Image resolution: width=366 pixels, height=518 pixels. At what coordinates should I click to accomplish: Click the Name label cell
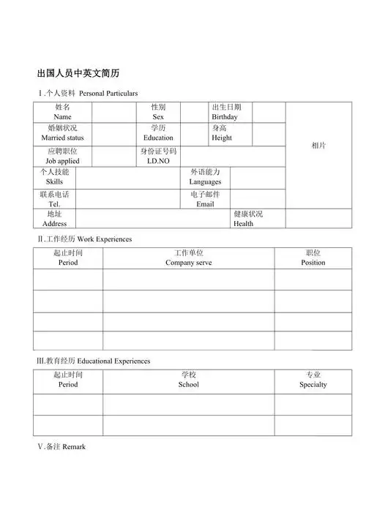click(63, 112)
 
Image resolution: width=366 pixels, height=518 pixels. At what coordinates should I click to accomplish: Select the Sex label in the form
click(158, 112)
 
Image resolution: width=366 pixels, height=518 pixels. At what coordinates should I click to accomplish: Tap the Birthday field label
click(225, 112)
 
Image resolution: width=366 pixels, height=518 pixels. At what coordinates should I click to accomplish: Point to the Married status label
click(63, 133)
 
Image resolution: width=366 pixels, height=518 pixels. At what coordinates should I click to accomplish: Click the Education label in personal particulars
click(158, 133)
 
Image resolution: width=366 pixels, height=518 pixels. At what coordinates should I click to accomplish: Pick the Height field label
click(222, 133)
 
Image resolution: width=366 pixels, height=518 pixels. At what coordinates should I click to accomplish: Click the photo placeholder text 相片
click(319, 146)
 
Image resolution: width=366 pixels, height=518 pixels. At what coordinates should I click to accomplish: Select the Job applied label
click(63, 156)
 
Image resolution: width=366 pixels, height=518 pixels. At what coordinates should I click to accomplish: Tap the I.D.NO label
click(158, 156)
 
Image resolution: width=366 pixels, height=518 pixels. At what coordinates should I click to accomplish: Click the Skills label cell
click(54, 177)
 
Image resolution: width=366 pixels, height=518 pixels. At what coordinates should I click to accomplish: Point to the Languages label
click(205, 177)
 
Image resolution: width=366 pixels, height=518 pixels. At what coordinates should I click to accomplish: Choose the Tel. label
click(54, 200)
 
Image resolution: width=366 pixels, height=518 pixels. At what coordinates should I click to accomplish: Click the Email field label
click(205, 200)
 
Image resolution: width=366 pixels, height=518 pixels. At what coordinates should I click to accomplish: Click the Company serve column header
click(189, 258)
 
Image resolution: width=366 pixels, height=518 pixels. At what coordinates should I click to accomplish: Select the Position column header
click(313, 258)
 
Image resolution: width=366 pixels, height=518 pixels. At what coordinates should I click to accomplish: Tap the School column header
click(189, 380)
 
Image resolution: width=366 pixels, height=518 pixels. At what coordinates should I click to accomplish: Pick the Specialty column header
click(313, 380)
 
